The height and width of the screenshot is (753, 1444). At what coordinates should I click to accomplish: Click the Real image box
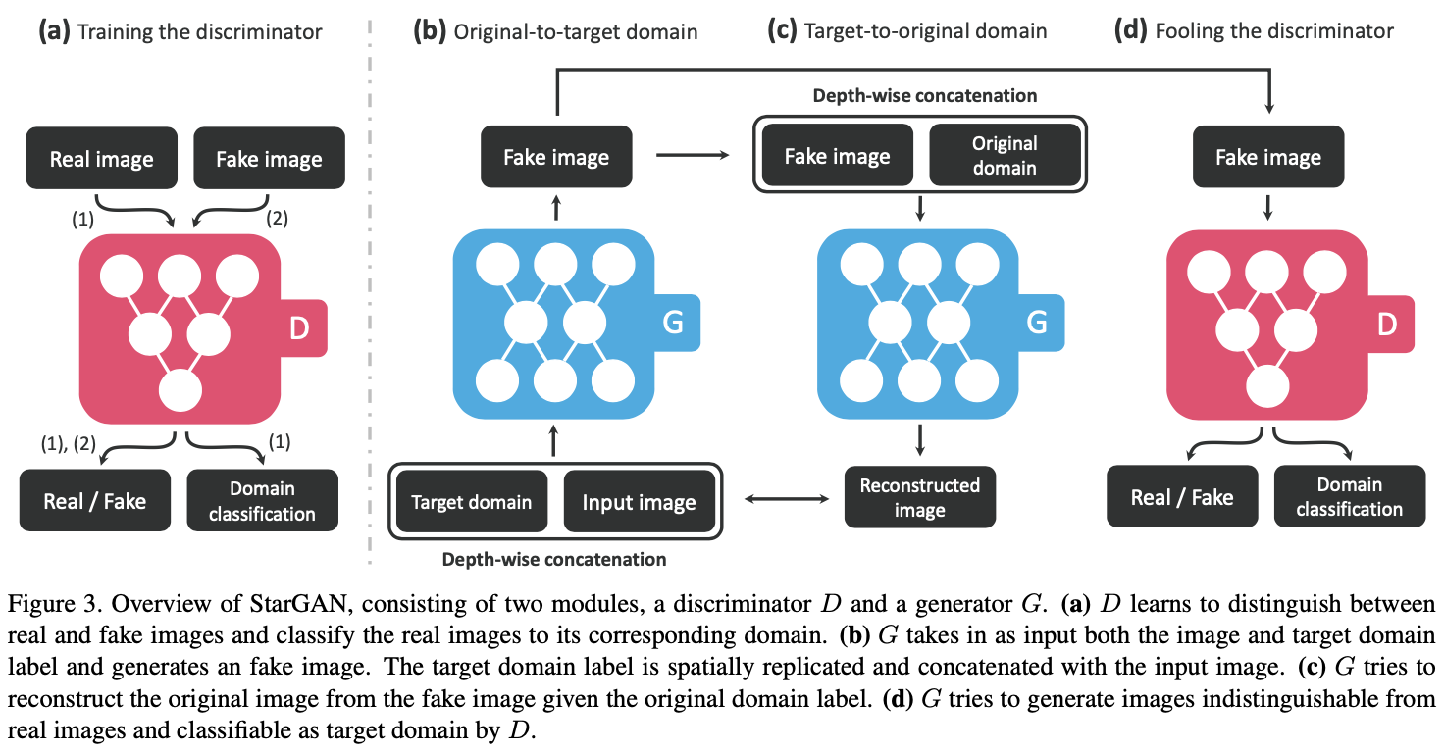(x=102, y=159)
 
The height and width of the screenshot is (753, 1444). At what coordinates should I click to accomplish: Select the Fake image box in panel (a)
(x=269, y=159)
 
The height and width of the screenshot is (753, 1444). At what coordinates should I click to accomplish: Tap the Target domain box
(x=471, y=502)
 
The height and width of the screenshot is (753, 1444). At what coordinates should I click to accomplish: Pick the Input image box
(x=639, y=502)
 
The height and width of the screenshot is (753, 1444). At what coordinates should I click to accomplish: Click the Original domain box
(x=1005, y=155)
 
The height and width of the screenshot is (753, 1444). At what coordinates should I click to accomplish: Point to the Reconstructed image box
(x=919, y=497)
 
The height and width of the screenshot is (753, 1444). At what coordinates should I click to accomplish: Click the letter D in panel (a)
(x=299, y=328)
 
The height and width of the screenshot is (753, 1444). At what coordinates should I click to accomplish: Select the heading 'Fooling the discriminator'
(x=1273, y=30)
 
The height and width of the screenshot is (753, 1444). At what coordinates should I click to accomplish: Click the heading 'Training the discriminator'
(x=199, y=31)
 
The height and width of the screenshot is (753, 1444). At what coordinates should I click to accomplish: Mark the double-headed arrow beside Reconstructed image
(x=784, y=500)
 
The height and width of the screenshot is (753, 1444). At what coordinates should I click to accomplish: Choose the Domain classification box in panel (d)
(x=1349, y=496)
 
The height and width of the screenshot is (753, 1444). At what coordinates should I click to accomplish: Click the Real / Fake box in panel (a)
(x=95, y=501)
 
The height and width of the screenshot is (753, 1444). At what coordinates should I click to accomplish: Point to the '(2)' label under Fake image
(x=278, y=220)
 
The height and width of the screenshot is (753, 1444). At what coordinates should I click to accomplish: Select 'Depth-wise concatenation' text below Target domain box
(x=554, y=560)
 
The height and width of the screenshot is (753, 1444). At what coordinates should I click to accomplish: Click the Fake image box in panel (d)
(x=1267, y=157)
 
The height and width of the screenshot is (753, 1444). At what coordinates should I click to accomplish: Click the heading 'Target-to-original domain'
(x=925, y=30)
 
